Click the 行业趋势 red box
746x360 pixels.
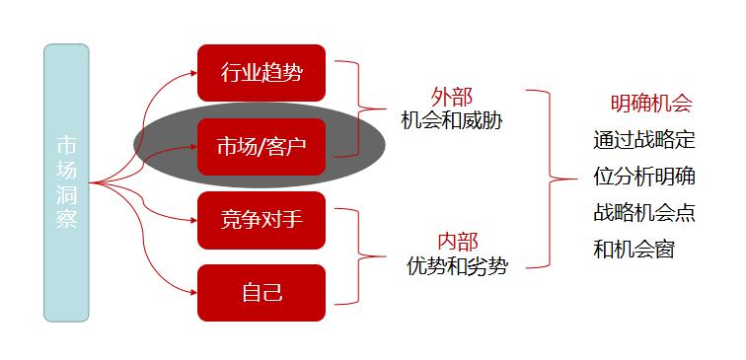(x=261, y=72)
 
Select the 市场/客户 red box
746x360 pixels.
(x=261, y=147)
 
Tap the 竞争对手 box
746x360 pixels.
(x=261, y=219)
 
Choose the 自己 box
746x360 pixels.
(x=261, y=292)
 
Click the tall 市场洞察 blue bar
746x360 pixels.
(x=66, y=182)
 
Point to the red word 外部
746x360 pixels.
(x=452, y=97)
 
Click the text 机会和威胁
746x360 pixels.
(x=451, y=119)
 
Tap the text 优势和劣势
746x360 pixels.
(x=457, y=265)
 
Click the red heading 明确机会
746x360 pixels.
(x=650, y=104)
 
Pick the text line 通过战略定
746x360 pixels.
(x=643, y=140)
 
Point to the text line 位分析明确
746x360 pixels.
(x=643, y=177)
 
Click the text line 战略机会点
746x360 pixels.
(x=643, y=212)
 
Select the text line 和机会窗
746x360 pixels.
(x=634, y=249)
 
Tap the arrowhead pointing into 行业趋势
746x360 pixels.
(x=192, y=72)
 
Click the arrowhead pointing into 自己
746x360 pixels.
(x=192, y=292)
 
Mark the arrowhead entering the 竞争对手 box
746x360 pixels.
(x=192, y=219)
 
